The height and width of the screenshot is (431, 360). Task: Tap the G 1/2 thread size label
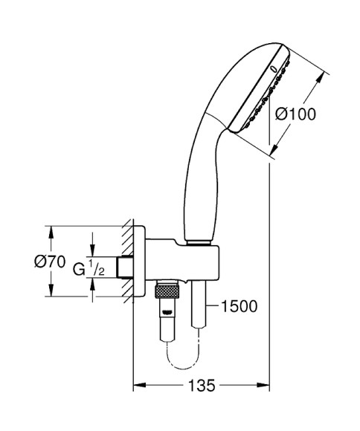click(89, 267)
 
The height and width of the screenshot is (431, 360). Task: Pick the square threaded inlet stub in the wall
click(125, 266)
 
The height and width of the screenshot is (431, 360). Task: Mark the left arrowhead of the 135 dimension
click(138, 386)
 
